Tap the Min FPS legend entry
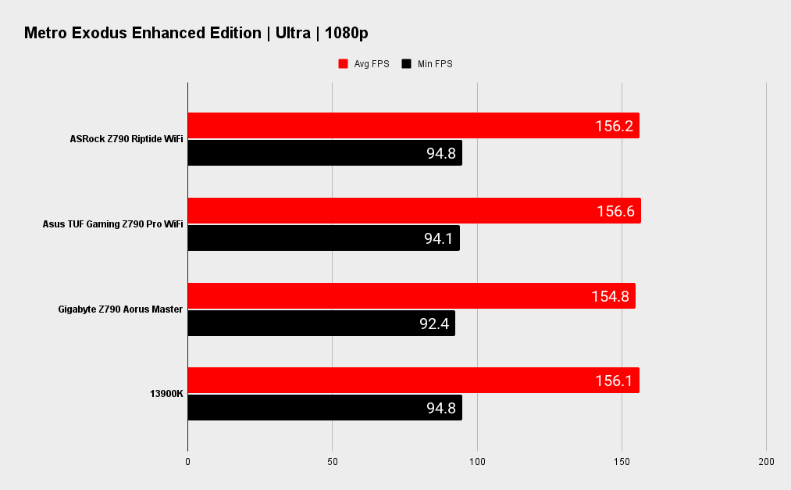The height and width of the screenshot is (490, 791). coord(427,64)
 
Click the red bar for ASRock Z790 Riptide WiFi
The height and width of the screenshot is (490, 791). coord(413,126)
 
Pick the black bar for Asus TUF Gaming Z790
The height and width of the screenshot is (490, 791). coord(323,238)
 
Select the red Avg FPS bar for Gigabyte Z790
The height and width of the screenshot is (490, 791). coord(412,296)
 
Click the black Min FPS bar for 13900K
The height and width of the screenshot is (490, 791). coord(325,408)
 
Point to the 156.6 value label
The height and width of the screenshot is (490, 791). coord(615,211)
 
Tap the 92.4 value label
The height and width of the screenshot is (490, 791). coord(434,324)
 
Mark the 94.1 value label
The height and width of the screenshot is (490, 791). coord(439,238)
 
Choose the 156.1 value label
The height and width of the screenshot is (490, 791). coord(613,381)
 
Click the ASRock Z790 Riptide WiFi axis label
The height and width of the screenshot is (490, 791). coord(126,139)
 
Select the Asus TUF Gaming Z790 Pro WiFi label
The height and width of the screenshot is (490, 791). coord(112,224)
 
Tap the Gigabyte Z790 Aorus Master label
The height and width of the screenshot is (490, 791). coord(120,309)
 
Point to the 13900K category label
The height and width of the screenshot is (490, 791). coord(166,394)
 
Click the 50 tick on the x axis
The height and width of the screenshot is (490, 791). coord(333,462)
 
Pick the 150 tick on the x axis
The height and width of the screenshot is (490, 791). coord(622,462)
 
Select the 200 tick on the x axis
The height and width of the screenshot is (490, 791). coord(766,462)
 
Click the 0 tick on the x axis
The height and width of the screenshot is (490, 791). coord(188,462)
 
